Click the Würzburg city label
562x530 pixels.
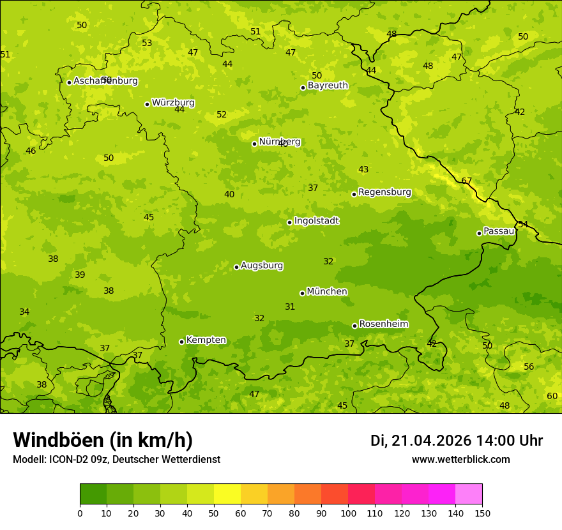point(173,103)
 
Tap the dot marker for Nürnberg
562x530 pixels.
point(254,144)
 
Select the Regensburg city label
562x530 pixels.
point(384,192)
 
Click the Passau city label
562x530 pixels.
point(499,231)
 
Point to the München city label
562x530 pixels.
point(327,292)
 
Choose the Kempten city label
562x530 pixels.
point(206,340)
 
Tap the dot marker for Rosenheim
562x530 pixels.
point(354,326)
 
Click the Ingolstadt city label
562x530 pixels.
point(316,221)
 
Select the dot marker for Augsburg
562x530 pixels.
point(236,267)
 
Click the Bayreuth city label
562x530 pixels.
point(328,86)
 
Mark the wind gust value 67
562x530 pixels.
point(466,181)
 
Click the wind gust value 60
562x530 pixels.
point(552,397)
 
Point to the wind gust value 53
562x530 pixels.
point(147,43)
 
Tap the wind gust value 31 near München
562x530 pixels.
point(290,307)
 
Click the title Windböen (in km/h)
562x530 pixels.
point(103,440)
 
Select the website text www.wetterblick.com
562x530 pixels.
point(460,460)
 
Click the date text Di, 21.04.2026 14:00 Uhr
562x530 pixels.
point(456,441)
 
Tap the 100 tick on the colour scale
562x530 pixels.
point(348,513)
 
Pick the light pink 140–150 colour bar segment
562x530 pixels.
point(469,494)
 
